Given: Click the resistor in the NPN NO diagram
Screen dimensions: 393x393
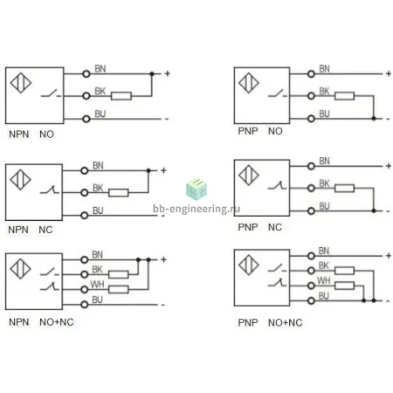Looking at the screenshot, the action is pyautogui.click(x=121, y=96).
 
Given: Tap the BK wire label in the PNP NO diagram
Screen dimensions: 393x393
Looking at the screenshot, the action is pyautogui.click(x=324, y=92).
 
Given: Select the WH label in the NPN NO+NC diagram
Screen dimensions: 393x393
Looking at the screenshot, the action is pyautogui.click(x=97, y=284).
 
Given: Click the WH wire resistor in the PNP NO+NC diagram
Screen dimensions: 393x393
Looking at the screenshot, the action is pyautogui.click(x=344, y=286).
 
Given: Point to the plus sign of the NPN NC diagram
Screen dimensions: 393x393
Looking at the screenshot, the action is pyautogui.click(x=163, y=170).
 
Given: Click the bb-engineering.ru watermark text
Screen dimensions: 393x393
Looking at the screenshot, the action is pyautogui.click(x=196, y=209).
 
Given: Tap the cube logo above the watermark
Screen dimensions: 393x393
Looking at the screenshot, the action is pyautogui.click(x=196, y=190).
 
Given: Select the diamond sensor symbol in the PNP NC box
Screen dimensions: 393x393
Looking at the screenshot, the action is pyautogui.click(x=249, y=175).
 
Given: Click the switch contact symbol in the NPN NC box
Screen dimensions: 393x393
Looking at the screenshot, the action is pyautogui.click(x=50, y=190).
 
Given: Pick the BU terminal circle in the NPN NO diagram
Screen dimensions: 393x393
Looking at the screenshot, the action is pyautogui.click(x=86, y=119).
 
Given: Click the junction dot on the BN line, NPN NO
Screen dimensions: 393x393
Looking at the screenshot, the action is pyautogui.click(x=152, y=73).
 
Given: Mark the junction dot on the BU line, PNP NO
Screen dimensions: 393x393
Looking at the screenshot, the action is pyautogui.click(x=374, y=119).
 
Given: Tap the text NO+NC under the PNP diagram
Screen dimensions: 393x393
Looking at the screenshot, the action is pyautogui.click(x=286, y=322).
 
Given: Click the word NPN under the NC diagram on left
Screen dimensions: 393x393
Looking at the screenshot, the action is pyautogui.click(x=18, y=230).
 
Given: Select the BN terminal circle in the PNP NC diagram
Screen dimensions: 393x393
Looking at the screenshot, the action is pyautogui.click(x=311, y=166).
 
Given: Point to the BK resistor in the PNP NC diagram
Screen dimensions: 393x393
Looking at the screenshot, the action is pyautogui.click(x=344, y=188).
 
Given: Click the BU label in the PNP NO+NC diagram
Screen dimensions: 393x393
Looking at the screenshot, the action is pyautogui.click(x=324, y=296).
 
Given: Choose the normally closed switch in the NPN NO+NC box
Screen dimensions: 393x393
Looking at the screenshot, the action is pyautogui.click(x=50, y=286).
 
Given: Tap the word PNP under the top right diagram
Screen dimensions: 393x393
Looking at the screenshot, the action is pyautogui.click(x=248, y=131).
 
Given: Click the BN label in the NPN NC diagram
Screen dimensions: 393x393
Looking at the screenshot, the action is pyautogui.click(x=98, y=165).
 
